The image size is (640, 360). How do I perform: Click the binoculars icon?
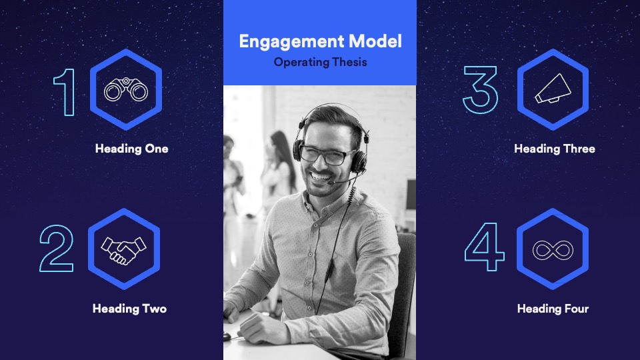126,89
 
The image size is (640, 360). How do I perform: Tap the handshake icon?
123,250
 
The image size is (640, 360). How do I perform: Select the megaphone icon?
553,89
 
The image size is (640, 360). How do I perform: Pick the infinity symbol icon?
553,250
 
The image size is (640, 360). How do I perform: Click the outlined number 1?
65,92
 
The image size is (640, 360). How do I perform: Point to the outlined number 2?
56,248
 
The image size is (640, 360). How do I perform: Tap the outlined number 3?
481,90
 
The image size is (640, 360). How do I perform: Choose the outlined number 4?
485,247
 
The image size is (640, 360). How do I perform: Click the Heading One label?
131,149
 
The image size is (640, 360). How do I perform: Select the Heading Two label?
129,309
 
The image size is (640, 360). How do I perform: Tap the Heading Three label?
554,149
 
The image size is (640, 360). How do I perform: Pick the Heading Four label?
553,309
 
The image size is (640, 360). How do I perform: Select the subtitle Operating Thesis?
320,62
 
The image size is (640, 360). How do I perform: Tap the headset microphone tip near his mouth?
331,183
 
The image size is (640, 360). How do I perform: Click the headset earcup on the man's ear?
359,161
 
